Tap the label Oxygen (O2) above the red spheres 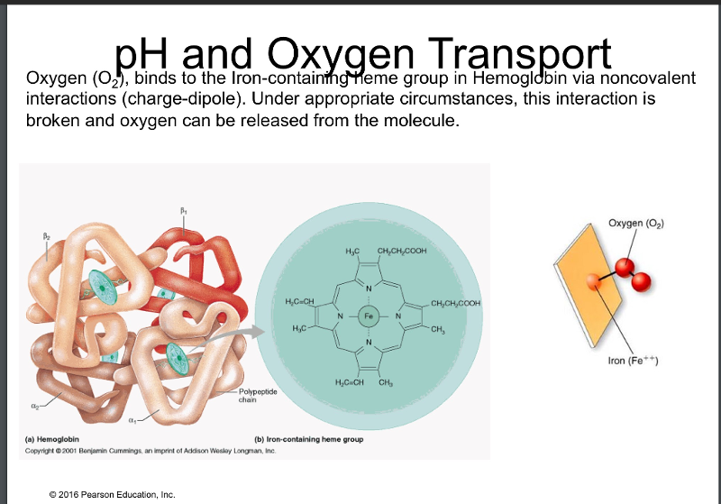[637, 223]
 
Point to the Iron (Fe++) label [635, 361]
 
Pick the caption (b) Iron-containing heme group [310, 440]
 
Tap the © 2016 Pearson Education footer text [114, 492]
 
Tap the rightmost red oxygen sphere [642, 283]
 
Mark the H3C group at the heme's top [352, 250]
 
